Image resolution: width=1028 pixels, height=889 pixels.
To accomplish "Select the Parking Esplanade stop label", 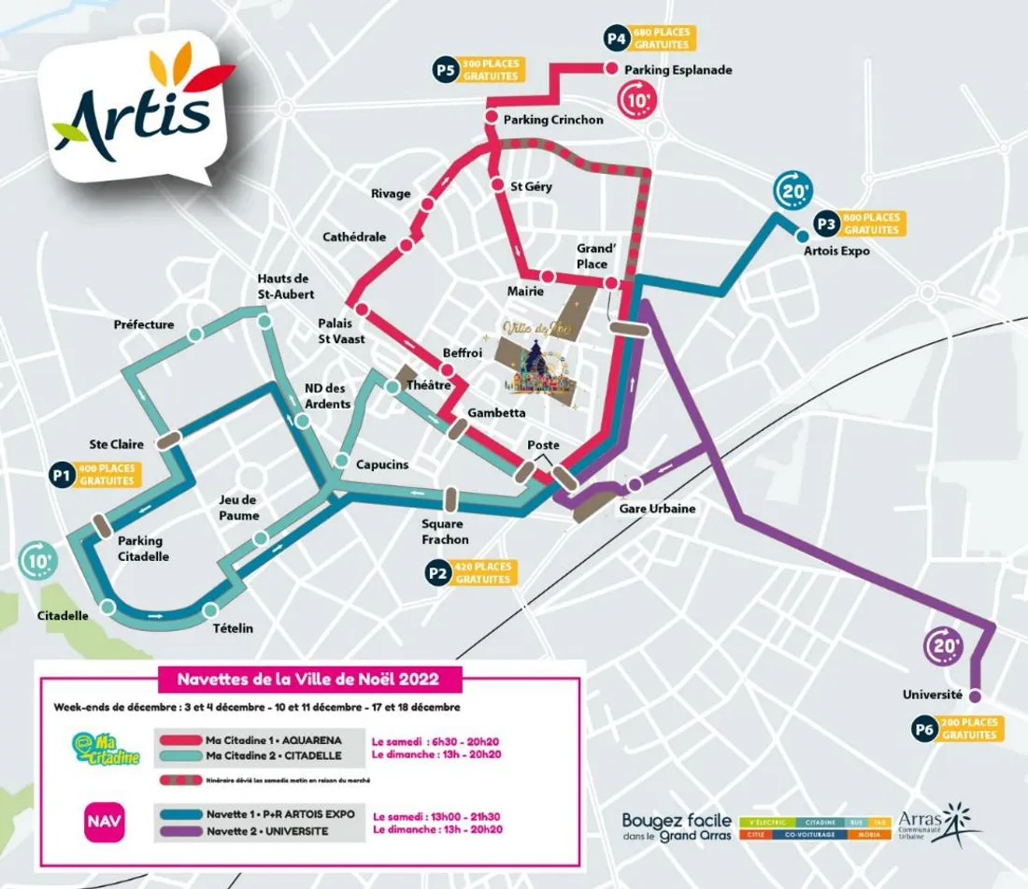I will (678, 70).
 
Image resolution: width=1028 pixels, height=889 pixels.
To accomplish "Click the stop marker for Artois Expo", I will (801, 236).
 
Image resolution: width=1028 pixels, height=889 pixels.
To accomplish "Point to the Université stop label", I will (932, 695).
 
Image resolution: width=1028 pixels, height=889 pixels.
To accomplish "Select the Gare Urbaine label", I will (658, 509).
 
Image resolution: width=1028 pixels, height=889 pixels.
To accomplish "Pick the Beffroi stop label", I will (464, 352).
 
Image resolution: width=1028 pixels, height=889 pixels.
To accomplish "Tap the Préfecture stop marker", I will (195, 335).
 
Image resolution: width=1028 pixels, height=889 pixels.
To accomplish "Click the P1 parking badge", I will (62, 475).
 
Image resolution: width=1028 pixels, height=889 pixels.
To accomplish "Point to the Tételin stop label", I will (234, 628).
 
